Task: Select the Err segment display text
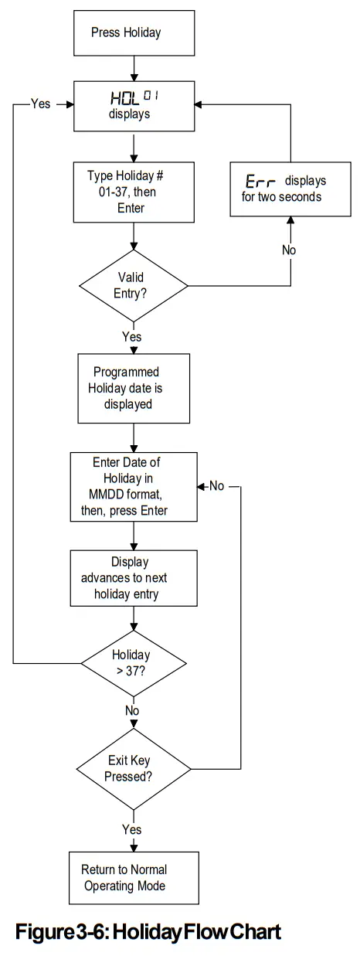[x=260, y=180]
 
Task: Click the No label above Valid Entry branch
[x=289, y=250]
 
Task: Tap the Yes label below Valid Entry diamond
[x=132, y=337]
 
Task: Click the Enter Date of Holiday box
[x=134, y=486]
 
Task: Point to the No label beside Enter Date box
[x=216, y=487]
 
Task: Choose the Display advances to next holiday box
[x=134, y=575]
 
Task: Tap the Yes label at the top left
[x=40, y=103]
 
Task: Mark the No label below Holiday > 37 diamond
[x=133, y=710]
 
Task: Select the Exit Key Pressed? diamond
[x=134, y=769]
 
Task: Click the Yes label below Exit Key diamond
[x=132, y=829]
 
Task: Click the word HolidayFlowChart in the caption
[x=201, y=930]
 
